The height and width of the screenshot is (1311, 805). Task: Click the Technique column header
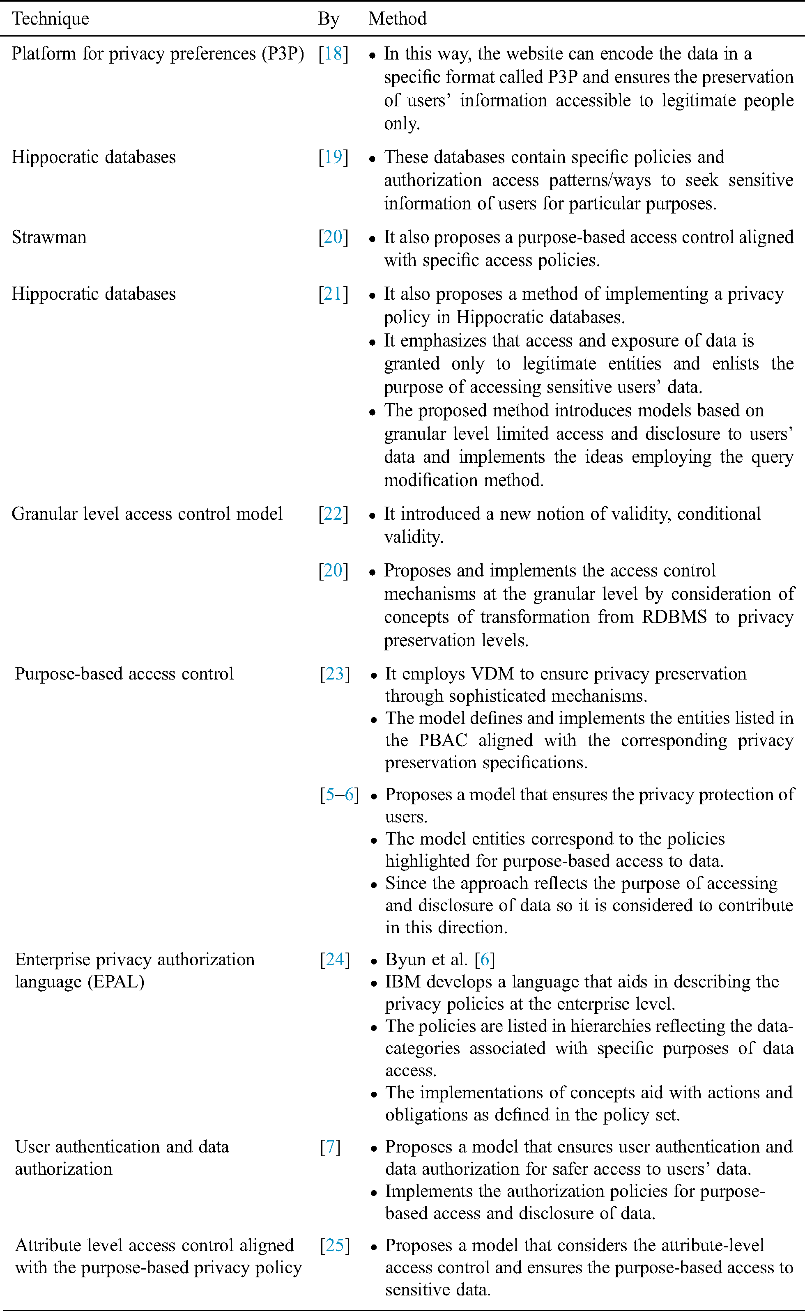(51, 18)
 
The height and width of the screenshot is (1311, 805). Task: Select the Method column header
(397, 18)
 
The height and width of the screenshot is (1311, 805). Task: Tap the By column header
(329, 18)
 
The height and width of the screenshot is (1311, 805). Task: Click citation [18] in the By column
(333, 54)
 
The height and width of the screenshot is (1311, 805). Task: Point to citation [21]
(333, 294)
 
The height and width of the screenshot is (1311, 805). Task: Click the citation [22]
(333, 514)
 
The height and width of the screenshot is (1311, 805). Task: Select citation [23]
(335, 674)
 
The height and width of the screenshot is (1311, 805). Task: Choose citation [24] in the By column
(335, 960)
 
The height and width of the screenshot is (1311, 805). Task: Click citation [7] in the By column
(330, 1146)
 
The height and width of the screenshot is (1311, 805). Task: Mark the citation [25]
(335, 1246)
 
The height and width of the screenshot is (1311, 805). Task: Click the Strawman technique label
(49, 237)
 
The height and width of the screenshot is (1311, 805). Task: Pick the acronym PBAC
(443, 740)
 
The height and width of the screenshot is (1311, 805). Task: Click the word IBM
(402, 982)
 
